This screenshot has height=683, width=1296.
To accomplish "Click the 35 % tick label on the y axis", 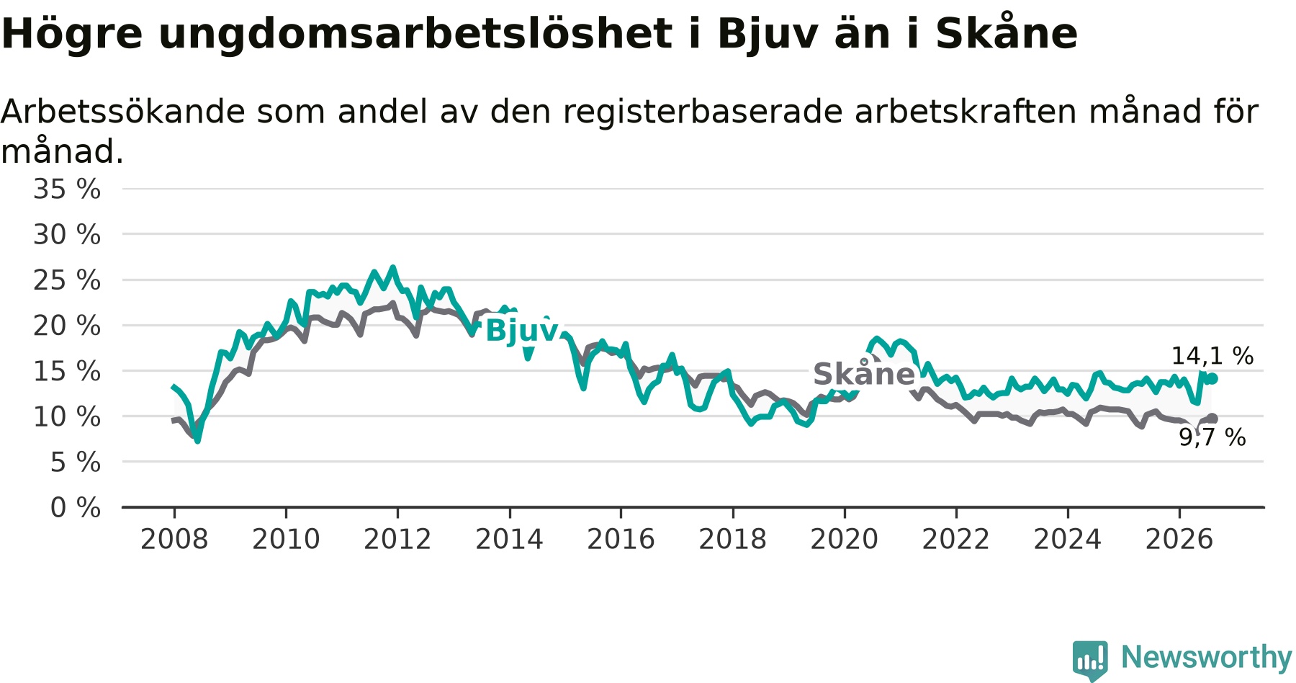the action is tap(67, 189).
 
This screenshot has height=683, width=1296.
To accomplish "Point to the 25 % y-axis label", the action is tap(67, 280).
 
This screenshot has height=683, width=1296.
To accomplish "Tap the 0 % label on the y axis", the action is tap(76, 508).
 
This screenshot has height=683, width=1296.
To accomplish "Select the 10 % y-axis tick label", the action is tap(67, 416).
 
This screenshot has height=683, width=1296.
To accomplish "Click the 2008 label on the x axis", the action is tap(174, 539).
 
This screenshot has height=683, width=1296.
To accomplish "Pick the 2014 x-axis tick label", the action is tap(509, 539).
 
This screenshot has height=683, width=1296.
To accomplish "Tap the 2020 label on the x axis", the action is tap(845, 539).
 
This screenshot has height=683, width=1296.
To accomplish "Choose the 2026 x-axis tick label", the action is tap(1179, 539).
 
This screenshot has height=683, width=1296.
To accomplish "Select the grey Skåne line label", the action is tap(864, 374).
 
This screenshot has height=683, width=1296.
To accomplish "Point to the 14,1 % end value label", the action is tap(1212, 356).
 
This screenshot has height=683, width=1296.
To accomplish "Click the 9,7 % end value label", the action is tap(1212, 437).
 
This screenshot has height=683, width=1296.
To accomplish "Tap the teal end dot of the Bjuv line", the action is tap(1212, 378).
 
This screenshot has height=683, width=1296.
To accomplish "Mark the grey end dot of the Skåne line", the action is tap(1212, 419).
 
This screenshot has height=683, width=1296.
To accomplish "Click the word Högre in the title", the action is tap(72, 34).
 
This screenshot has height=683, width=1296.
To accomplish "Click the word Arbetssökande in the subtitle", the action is tap(123, 112).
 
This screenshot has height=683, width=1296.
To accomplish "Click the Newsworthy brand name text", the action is tap(1207, 657).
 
